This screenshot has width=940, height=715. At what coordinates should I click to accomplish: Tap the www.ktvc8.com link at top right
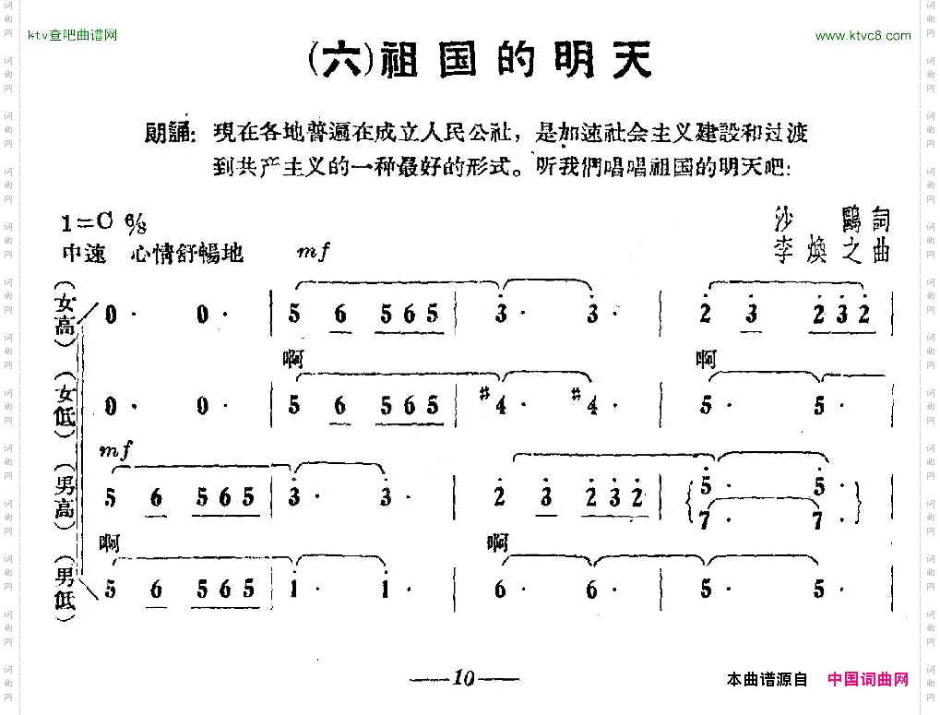coord(863,36)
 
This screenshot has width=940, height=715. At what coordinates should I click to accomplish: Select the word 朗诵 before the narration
coord(170,134)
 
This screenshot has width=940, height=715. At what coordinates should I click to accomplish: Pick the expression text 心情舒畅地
coord(187,253)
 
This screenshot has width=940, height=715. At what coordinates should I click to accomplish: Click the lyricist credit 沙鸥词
coord(834,220)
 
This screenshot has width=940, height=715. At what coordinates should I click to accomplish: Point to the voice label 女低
coord(66,404)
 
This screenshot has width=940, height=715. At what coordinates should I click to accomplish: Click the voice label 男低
coord(66,588)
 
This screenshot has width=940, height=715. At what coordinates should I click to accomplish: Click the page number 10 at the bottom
coord(463,679)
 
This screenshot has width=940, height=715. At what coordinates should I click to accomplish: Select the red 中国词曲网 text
coord(868,679)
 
